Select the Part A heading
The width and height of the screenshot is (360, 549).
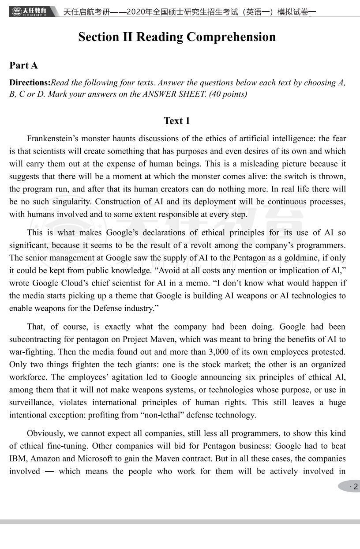pyautogui.click(x=24, y=66)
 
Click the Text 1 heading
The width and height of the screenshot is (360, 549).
pyautogui.click(x=176, y=121)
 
